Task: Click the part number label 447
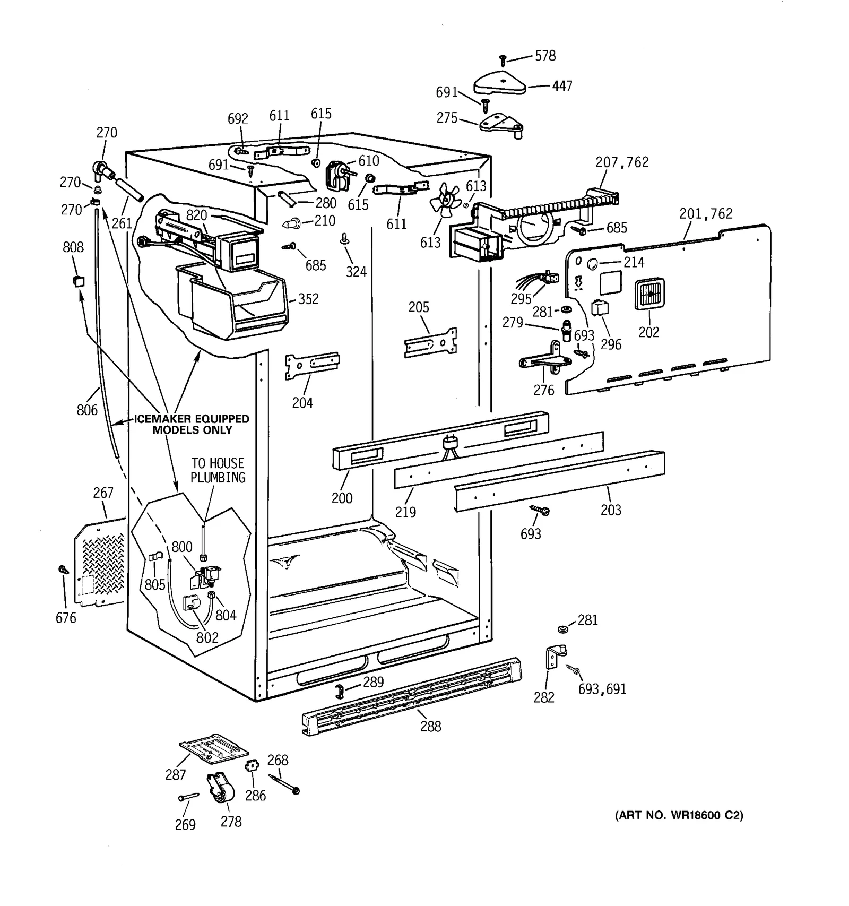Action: pos(562,86)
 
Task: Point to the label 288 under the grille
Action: pos(430,726)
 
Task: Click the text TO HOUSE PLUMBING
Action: pos(218,471)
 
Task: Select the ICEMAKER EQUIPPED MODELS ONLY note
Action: pos(192,425)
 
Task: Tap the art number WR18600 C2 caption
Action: pos(679,815)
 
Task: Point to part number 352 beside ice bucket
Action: pos(308,299)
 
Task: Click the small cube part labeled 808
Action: pos(78,280)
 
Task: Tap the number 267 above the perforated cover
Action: pos(103,493)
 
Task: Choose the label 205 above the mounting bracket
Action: pos(419,307)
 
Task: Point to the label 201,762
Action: pos(706,214)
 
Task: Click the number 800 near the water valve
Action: pos(182,547)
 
